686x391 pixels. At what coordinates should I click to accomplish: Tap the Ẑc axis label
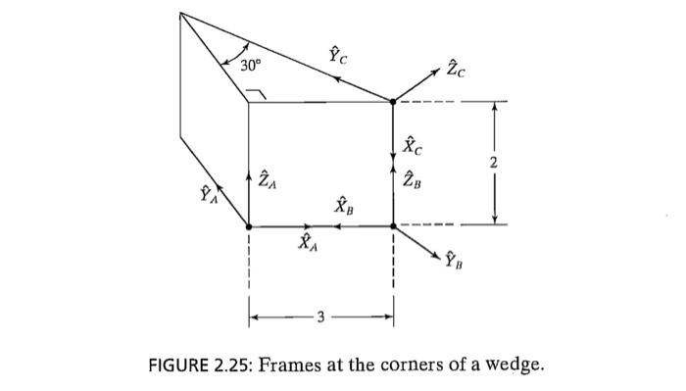[x=457, y=70]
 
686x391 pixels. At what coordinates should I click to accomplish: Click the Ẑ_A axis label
[x=267, y=180]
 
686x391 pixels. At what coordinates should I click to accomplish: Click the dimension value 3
[x=320, y=317]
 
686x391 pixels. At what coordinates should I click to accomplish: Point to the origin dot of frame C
[x=393, y=101]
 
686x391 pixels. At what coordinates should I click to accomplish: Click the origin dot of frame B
[x=393, y=225]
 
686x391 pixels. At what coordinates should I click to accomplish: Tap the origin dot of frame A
[x=249, y=225]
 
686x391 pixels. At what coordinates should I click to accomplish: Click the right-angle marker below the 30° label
[x=256, y=92]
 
